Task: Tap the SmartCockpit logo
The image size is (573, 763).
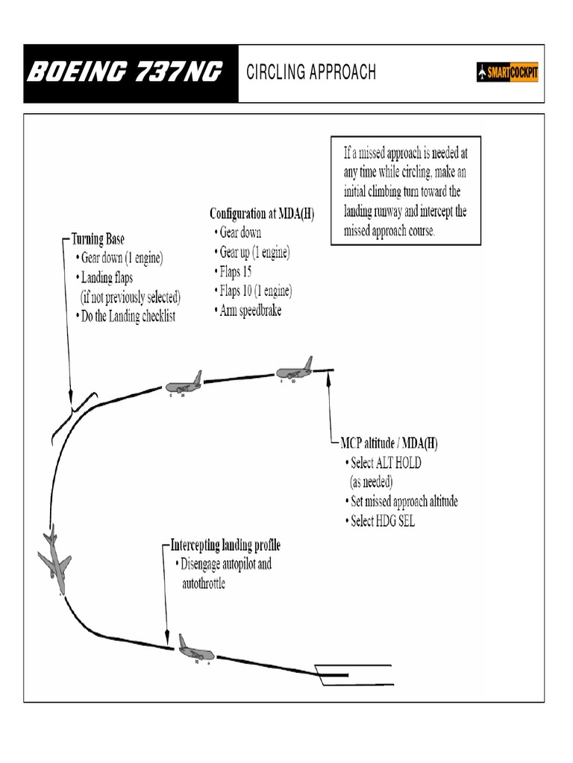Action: [x=507, y=73]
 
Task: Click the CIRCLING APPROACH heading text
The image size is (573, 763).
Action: [x=311, y=72]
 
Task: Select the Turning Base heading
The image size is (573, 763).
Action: [x=98, y=240]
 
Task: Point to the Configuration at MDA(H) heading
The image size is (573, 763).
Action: [x=262, y=214]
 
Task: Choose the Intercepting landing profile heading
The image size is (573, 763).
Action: [x=225, y=545]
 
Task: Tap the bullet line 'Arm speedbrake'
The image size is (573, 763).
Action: [x=250, y=311]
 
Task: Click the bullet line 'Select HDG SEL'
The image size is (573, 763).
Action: [x=382, y=521]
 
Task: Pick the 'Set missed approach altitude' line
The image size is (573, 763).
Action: [x=404, y=501]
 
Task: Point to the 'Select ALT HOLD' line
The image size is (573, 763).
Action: [x=385, y=463]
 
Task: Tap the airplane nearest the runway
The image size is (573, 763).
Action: [x=195, y=650]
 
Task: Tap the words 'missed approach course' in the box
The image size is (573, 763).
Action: [x=389, y=230]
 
